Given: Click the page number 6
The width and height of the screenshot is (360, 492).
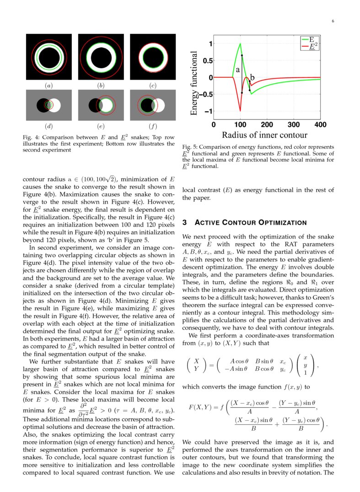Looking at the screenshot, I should [333, 21].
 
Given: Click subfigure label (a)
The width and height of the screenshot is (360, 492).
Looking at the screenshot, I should [48, 85].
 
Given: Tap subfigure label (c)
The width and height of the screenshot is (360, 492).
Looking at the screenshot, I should [153, 85].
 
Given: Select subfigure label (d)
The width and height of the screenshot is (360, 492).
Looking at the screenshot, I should [48, 126].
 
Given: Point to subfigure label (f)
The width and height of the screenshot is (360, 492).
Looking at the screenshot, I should [153, 126].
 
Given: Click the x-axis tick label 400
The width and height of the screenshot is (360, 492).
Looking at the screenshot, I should [320, 124].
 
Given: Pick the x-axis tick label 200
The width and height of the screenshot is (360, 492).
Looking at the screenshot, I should [267, 124].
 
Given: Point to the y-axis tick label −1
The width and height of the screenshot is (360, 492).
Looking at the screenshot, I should [207, 111].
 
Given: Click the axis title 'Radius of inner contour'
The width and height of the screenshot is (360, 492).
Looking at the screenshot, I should [264, 135].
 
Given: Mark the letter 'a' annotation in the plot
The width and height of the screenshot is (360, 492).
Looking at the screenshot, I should [237, 70].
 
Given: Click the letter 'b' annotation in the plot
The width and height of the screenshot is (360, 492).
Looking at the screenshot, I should [252, 78].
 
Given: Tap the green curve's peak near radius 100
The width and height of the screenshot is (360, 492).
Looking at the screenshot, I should [240, 44].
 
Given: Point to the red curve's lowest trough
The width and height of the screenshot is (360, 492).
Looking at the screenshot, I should [240, 110].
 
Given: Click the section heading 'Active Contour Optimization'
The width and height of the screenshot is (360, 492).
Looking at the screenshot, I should [244, 223].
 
